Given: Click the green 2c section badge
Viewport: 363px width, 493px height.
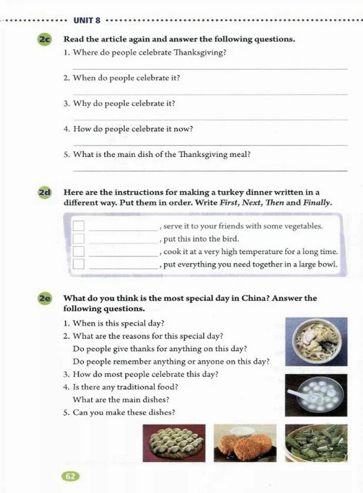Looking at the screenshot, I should point(45,40).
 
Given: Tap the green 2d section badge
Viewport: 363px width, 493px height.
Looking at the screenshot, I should point(45,193).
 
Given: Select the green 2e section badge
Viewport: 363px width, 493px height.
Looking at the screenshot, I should point(45,299).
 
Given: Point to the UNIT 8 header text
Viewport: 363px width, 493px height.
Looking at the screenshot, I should point(86,21).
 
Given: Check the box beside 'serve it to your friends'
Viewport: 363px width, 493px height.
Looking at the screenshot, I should point(79,226).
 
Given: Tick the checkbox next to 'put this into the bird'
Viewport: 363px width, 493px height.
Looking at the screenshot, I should point(79,239).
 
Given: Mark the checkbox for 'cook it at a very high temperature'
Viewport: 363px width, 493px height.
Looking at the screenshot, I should point(79,252).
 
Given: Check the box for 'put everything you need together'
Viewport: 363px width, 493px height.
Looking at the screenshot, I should point(79,264).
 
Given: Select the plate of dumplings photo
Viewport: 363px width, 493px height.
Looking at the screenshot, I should point(174,443).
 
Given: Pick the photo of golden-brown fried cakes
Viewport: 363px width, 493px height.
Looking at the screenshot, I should point(244,443).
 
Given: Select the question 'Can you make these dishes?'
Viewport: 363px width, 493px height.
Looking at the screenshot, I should point(124,412).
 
